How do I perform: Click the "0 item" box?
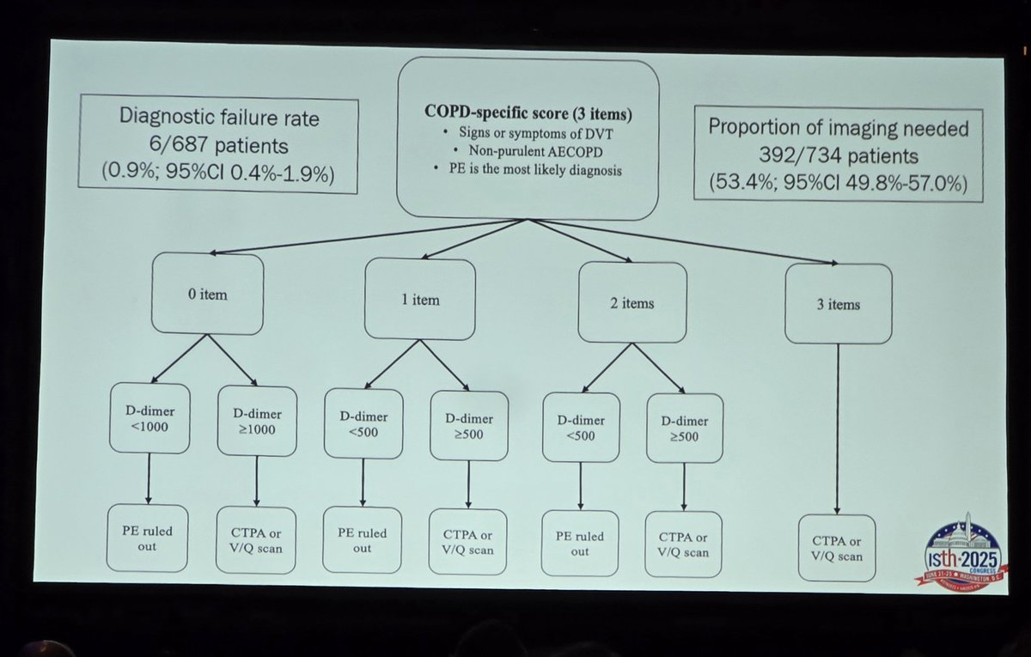click(x=207, y=295)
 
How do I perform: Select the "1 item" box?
click(x=419, y=299)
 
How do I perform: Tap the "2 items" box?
click(x=632, y=302)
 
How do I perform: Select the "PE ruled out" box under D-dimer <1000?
click(x=147, y=538)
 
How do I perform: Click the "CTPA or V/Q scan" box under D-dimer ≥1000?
click(x=256, y=539)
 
